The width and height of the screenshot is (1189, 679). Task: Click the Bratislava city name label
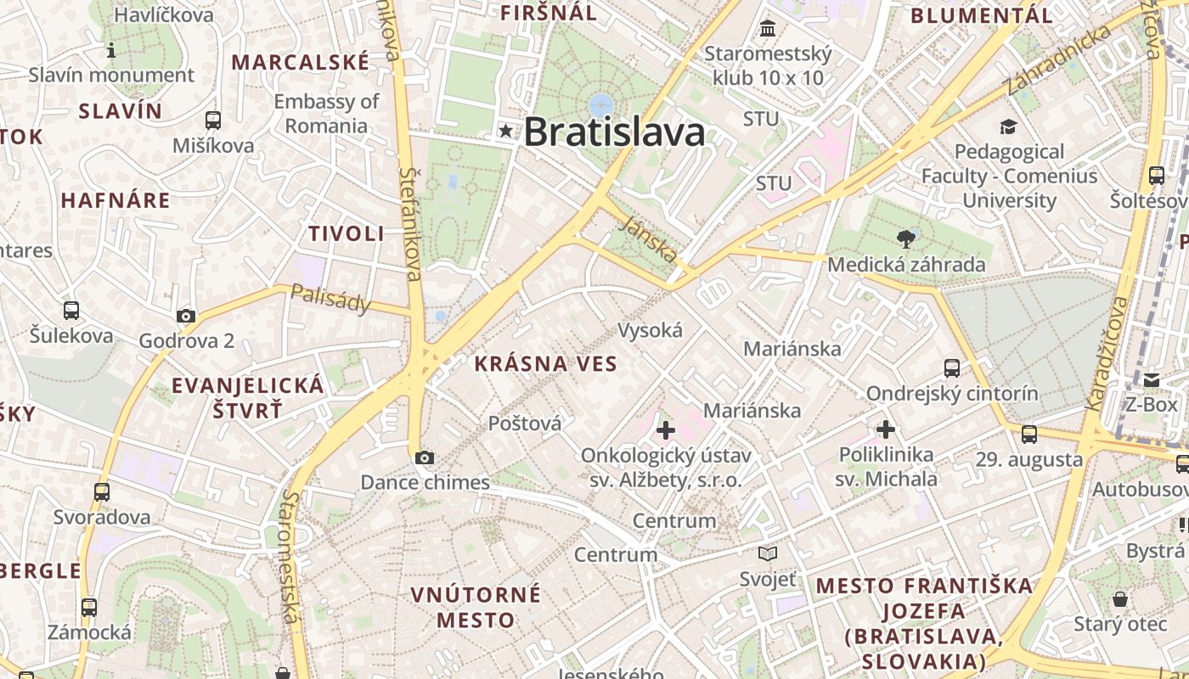(614, 132)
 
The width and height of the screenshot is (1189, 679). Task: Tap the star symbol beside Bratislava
(507, 131)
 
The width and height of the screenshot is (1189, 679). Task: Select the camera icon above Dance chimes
(424, 458)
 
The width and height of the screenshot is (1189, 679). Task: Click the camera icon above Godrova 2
(185, 317)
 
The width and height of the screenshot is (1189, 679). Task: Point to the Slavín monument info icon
(111, 51)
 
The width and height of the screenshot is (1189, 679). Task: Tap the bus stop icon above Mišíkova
(212, 121)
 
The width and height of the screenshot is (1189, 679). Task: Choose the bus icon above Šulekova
(71, 311)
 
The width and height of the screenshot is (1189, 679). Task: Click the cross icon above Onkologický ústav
(665, 430)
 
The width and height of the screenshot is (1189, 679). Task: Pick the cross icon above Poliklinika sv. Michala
(886, 429)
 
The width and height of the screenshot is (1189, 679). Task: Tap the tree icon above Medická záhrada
(906, 239)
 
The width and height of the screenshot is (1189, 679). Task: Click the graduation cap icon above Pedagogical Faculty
(1008, 127)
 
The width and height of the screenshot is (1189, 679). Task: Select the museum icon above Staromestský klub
(768, 29)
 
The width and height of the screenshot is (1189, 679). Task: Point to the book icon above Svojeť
(768, 554)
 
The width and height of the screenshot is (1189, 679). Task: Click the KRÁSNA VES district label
(545, 364)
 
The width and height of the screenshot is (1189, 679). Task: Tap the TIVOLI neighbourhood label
(347, 234)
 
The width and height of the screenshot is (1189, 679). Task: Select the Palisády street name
(331, 298)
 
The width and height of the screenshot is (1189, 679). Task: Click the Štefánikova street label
(411, 223)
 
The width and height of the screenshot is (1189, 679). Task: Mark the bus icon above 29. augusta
(1028, 435)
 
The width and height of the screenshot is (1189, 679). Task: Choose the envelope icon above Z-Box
(1151, 379)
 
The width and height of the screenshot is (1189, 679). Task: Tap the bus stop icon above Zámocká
(89, 608)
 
